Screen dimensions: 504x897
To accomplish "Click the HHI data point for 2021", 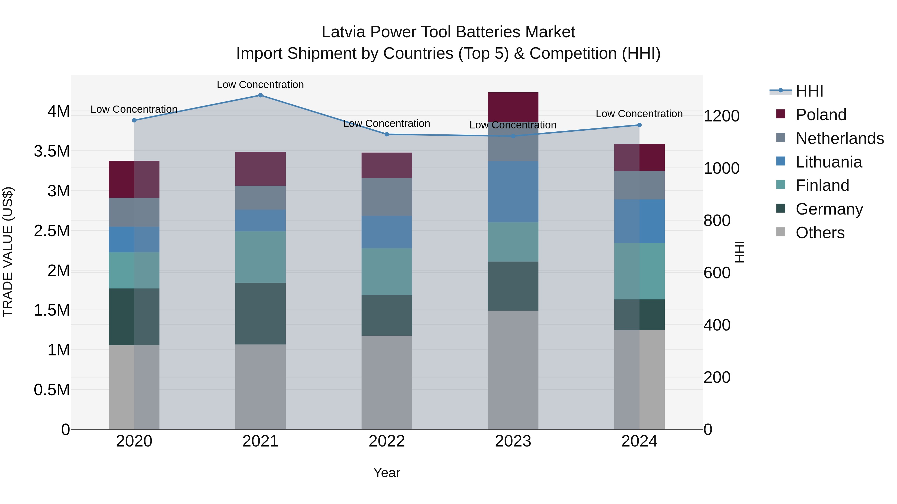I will pos(260,95).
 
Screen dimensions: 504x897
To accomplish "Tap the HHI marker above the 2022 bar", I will pos(386,134).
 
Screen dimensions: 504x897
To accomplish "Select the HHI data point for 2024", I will pos(639,125).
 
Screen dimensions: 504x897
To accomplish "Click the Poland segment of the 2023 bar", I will pos(513,107).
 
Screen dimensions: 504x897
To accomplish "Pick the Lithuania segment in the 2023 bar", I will pos(513,192).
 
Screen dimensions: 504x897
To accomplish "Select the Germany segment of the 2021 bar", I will pos(260,313).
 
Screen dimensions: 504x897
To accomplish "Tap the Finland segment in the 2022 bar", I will pos(386,272).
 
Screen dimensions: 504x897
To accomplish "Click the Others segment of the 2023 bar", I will pos(513,370).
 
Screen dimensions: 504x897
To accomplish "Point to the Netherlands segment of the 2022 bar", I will pos(386,197).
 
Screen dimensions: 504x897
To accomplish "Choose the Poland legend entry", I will pos(821,115).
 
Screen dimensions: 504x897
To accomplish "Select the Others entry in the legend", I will pos(820,233).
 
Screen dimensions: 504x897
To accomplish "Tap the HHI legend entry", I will pos(809,91).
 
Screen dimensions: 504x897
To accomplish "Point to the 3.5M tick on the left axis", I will pos(52,151).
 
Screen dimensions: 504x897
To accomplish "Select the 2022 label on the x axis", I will pos(386,441).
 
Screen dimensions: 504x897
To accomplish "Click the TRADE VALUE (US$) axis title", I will pos(8,252).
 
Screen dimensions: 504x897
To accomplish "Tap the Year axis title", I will pos(386,473).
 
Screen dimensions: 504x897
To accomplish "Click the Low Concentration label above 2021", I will pos(260,85).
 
